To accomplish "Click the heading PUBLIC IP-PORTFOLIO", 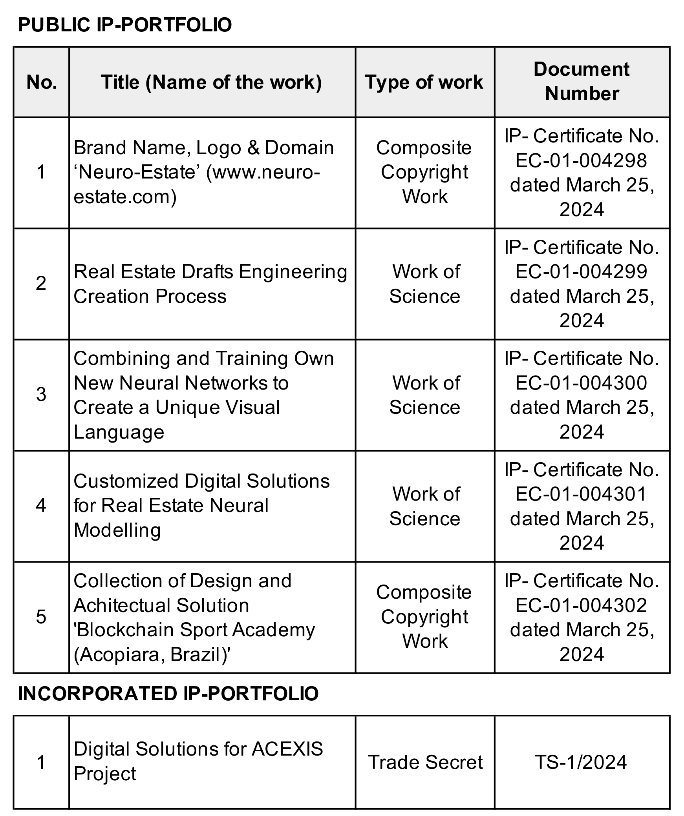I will (125, 25).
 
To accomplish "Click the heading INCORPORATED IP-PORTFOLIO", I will (168, 694).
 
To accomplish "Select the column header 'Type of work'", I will (424, 82).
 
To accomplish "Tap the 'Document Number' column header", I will (582, 82).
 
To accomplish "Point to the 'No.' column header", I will (42, 82).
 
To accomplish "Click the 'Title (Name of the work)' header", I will (212, 82).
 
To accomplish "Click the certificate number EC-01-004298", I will (581, 160).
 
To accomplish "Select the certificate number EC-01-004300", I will (581, 383).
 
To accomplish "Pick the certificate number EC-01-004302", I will (581, 605).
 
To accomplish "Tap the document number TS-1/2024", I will (581, 762).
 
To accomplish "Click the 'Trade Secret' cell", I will (425, 762).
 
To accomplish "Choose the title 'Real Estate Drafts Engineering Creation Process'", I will (210, 284).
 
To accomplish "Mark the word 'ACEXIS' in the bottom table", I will (287, 749).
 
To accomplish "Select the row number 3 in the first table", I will (41, 394).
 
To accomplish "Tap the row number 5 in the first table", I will (41, 617).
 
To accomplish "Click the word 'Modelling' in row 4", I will (117, 530).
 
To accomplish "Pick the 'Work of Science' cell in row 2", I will (425, 284).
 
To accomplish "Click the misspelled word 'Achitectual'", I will (117, 605).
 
